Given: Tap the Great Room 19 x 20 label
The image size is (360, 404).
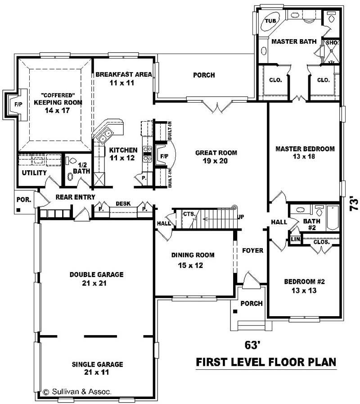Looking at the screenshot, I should click(216, 157).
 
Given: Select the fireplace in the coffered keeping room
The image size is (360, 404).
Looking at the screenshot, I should click(11, 104).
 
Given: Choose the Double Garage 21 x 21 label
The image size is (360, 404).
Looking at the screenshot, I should click(96, 278).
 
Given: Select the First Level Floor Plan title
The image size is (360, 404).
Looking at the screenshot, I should click(266, 362).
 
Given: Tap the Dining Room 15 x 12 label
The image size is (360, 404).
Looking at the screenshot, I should click(193, 260).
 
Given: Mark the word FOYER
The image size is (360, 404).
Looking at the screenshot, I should click(252, 250).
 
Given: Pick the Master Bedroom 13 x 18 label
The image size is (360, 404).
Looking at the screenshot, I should click(305, 153).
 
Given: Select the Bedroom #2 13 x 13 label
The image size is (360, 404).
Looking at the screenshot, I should click(304, 286).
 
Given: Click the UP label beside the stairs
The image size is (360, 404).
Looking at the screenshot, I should click(241, 218).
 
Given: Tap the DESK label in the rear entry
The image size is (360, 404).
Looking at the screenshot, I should click(123, 204).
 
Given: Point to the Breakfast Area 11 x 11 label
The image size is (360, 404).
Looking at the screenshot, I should click(123, 78).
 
